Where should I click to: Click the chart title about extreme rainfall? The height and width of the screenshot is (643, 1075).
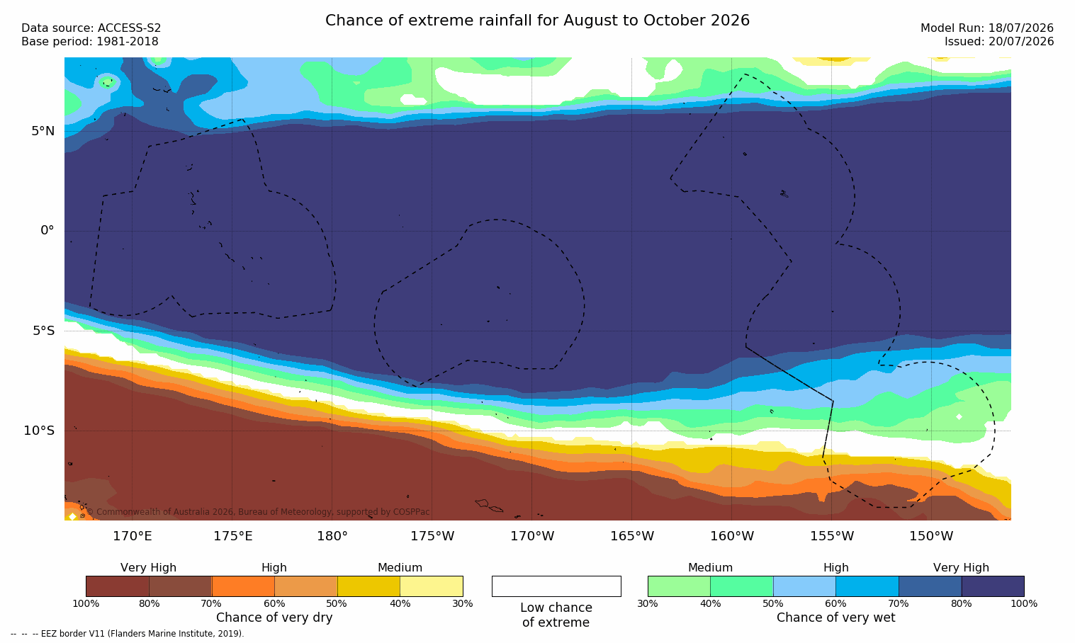click(x=537, y=21)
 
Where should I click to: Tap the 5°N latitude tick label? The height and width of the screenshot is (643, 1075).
click(x=43, y=131)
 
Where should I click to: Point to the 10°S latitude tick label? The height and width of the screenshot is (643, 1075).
click(x=39, y=431)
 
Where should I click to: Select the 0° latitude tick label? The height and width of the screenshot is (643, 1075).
click(x=47, y=231)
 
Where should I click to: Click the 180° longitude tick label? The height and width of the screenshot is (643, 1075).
click(x=332, y=535)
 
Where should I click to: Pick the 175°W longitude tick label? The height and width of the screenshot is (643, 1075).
click(x=432, y=535)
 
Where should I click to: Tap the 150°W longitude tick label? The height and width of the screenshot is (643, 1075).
click(x=932, y=535)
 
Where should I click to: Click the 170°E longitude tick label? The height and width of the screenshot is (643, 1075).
click(x=132, y=535)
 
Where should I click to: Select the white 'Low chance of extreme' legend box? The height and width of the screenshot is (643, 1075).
click(x=556, y=586)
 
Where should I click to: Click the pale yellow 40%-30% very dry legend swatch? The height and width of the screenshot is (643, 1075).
click(x=432, y=586)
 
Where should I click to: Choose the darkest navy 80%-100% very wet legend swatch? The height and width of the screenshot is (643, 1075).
click(x=993, y=586)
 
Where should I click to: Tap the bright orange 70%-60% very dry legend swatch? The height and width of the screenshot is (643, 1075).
click(x=243, y=586)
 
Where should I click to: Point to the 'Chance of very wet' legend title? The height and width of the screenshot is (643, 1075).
click(x=835, y=618)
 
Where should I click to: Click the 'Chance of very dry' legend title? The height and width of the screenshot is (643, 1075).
click(x=274, y=618)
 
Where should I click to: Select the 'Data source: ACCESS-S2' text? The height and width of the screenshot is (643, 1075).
click(x=91, y=28)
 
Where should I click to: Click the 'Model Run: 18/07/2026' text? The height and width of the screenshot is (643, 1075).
click(x=986, y=28)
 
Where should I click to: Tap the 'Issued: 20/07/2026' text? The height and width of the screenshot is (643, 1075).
click(x=999, y=42)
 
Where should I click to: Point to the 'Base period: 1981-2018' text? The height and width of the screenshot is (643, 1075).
click(x=90, y=42)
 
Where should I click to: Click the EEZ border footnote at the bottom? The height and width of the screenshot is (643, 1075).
click(x=127, y=633)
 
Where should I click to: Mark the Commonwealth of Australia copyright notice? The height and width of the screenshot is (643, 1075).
click(x=258, y=512)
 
